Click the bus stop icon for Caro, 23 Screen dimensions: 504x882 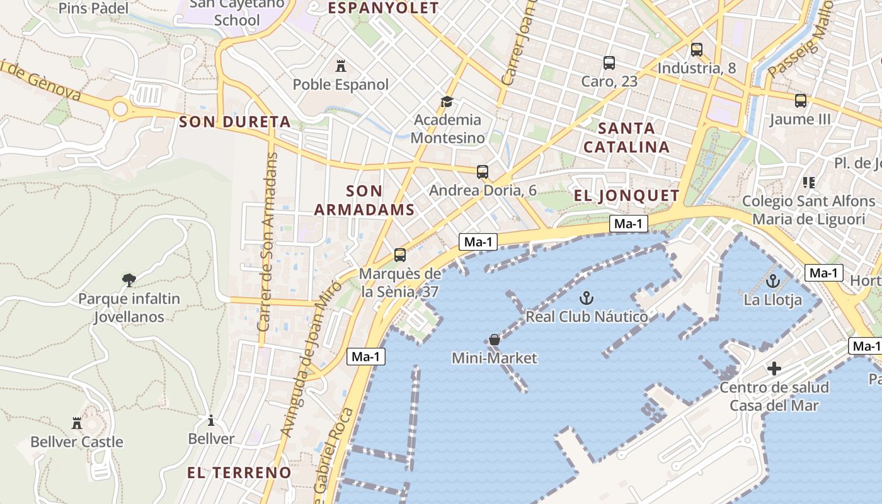[609, 63]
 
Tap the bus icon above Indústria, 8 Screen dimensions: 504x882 [696, 50]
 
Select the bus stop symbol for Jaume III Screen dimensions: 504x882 [800, 101]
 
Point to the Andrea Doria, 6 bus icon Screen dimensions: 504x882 [483, 172]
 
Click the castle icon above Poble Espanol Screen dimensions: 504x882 [341, 66]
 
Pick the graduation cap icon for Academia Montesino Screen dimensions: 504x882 [447, 101]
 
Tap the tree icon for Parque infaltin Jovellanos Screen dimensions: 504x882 [129, 280]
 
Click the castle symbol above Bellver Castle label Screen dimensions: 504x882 [77, 423]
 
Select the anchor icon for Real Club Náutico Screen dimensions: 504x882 [587, 297]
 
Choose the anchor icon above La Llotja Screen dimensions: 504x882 [773, 281]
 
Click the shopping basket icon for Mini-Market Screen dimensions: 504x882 [495, 340]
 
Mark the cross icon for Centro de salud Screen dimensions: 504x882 [774, 369]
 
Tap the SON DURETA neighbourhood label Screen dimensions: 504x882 [235, 122]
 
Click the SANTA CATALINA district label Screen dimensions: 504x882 [626, 137]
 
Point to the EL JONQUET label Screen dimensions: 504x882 [626, 195]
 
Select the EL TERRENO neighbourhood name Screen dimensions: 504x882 [239, 472]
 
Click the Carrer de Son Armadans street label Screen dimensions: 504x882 [268, 243]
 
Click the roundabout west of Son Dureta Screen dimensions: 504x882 [120, 110]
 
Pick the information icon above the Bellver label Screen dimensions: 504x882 [211, 420]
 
